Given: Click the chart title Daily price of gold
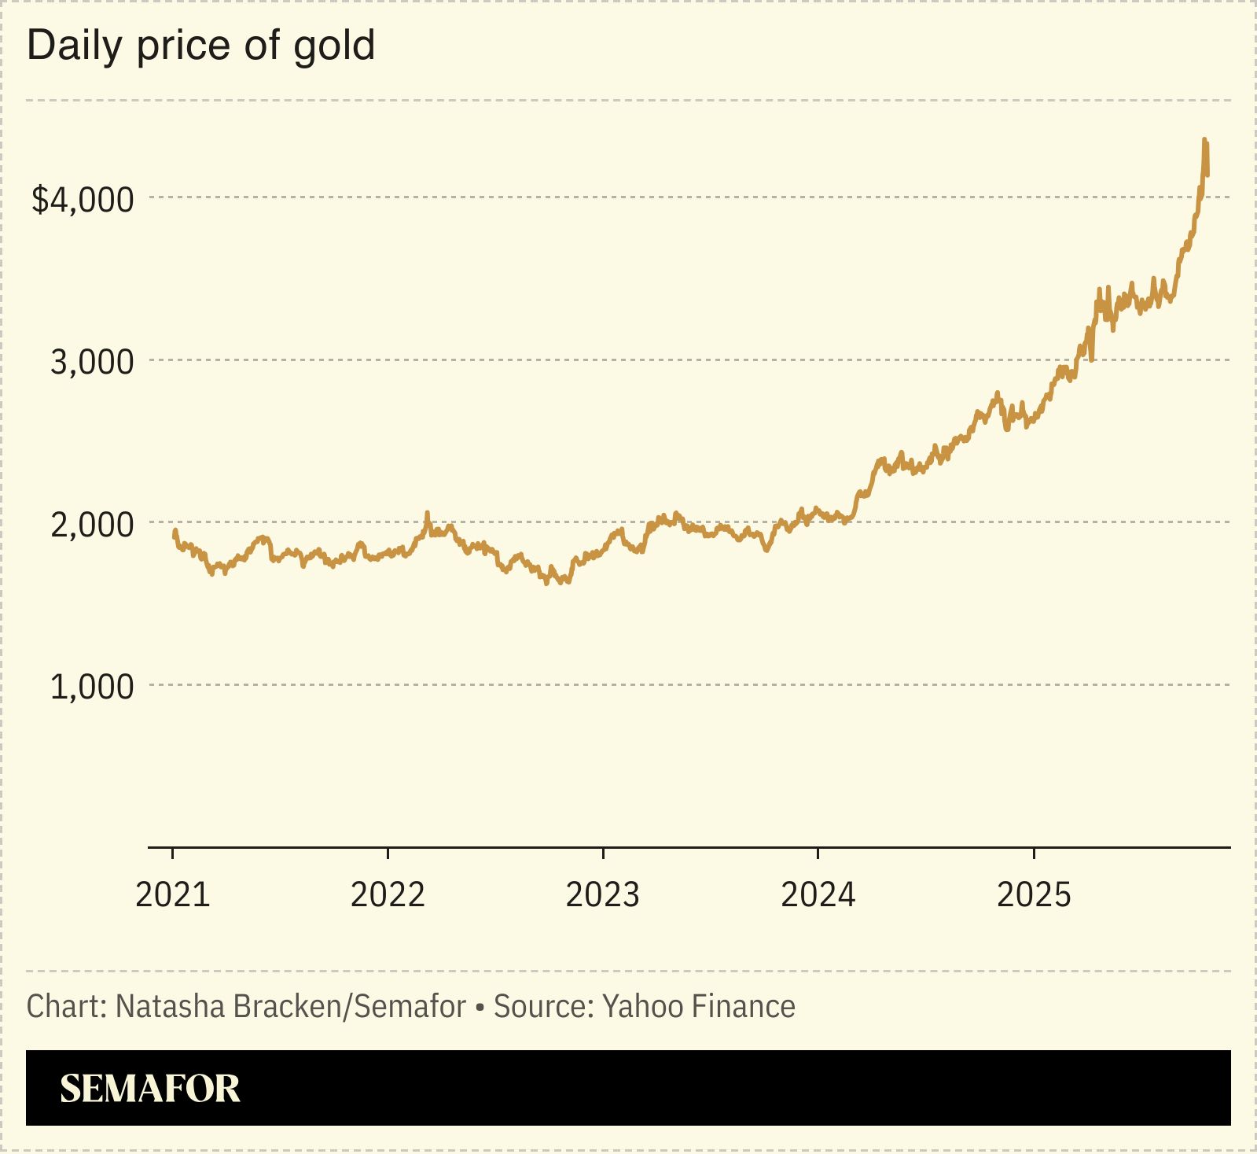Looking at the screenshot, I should click(x=201, y=46).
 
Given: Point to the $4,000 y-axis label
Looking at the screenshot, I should click(x=83, y=199).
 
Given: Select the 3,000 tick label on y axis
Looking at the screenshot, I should click(x=92, y=362).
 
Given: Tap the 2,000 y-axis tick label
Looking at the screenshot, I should click(x=92, y=525).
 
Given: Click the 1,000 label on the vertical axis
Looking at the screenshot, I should click(x=92, y=687).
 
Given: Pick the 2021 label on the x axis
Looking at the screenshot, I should click(x=173, y=895).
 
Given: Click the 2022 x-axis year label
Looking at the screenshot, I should click(x=388, y=895).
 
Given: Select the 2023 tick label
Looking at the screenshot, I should click(x=603, y=895).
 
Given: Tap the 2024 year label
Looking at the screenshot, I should click(x=818, y=895).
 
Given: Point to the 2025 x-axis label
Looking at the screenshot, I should click(x=1034, y=895).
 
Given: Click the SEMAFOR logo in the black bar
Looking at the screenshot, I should click(x=150, y=1089).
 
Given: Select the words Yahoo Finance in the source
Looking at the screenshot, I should click(x=699, y=1007).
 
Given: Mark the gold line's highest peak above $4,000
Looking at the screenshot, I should click(x=1204, y=140).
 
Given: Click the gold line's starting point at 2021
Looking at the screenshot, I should click(x=175, y=531).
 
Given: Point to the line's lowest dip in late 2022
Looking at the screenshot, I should click(x=547, y=583).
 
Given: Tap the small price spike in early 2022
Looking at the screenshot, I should click(x=428, y=513).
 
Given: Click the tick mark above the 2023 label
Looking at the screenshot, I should click(x=603, y=854).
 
